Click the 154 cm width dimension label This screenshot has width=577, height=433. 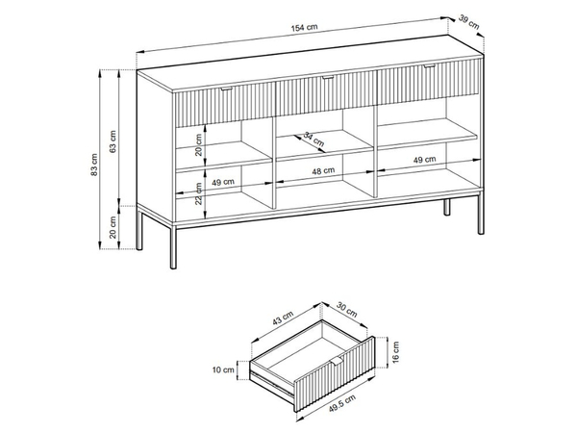[304, 28]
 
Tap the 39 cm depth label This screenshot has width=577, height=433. [469, 22]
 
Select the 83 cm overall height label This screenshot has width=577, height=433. [94, 165]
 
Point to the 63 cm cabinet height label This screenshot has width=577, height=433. [113, 141]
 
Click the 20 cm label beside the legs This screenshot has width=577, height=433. [113, 227]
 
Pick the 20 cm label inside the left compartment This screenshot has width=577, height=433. [199, 144]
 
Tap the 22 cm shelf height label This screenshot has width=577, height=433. [199, 193]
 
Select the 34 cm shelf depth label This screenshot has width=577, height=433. [314, 139]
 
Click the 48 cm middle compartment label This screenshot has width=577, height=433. [323, 171]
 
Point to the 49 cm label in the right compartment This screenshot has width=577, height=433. [424, 160]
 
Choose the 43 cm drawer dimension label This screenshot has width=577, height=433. [283, 318]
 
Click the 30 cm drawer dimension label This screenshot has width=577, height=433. [346, 309]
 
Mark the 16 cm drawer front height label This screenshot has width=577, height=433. [395, 352]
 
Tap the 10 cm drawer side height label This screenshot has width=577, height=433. [223, 369]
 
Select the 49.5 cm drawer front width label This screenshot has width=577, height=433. [341, 404]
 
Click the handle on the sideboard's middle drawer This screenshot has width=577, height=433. [328, 78]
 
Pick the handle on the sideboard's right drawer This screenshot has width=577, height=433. [429, 66]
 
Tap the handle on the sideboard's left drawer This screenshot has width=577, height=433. [227, 89]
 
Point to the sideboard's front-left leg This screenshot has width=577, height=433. [173, 245]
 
